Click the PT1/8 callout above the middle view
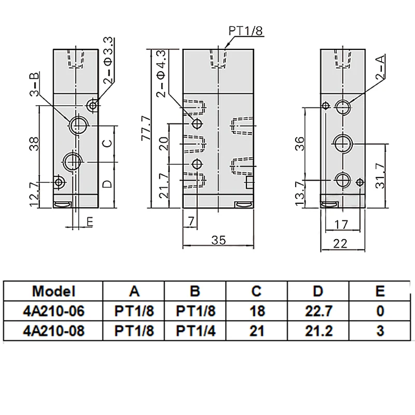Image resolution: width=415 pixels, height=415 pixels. click(245, 31)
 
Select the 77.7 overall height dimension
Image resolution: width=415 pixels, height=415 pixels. click(146, 128)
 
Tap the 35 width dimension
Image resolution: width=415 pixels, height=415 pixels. click(219, 240)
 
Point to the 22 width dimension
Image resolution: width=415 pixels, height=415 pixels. click(340, 243)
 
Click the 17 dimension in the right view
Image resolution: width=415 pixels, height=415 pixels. click(341, 225)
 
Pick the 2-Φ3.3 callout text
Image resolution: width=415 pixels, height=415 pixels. click(108, 61)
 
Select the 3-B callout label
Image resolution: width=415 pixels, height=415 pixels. click(34, 84)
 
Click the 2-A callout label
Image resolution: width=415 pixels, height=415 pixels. click(380, 67)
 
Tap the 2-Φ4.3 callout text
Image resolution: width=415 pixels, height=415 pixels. click(161, 74)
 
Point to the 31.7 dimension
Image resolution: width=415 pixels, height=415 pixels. click(380, 176)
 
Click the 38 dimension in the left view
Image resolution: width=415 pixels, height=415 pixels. click(34, 144)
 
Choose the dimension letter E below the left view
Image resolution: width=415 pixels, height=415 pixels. click(90, 222)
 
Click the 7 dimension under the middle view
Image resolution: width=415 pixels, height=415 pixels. click(191, 221)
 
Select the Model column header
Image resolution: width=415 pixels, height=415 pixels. click(54, 291)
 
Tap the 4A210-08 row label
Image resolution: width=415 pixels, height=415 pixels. click(54, 331)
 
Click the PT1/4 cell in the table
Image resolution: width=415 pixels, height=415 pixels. click(196, 331)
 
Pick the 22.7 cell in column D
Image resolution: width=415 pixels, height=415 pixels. click(319, 311)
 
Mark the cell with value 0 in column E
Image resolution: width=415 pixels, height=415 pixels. click(380, 311)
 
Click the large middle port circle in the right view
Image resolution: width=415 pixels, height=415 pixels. click(343, 144)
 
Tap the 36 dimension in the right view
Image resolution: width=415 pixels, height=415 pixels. click(300, 144)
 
